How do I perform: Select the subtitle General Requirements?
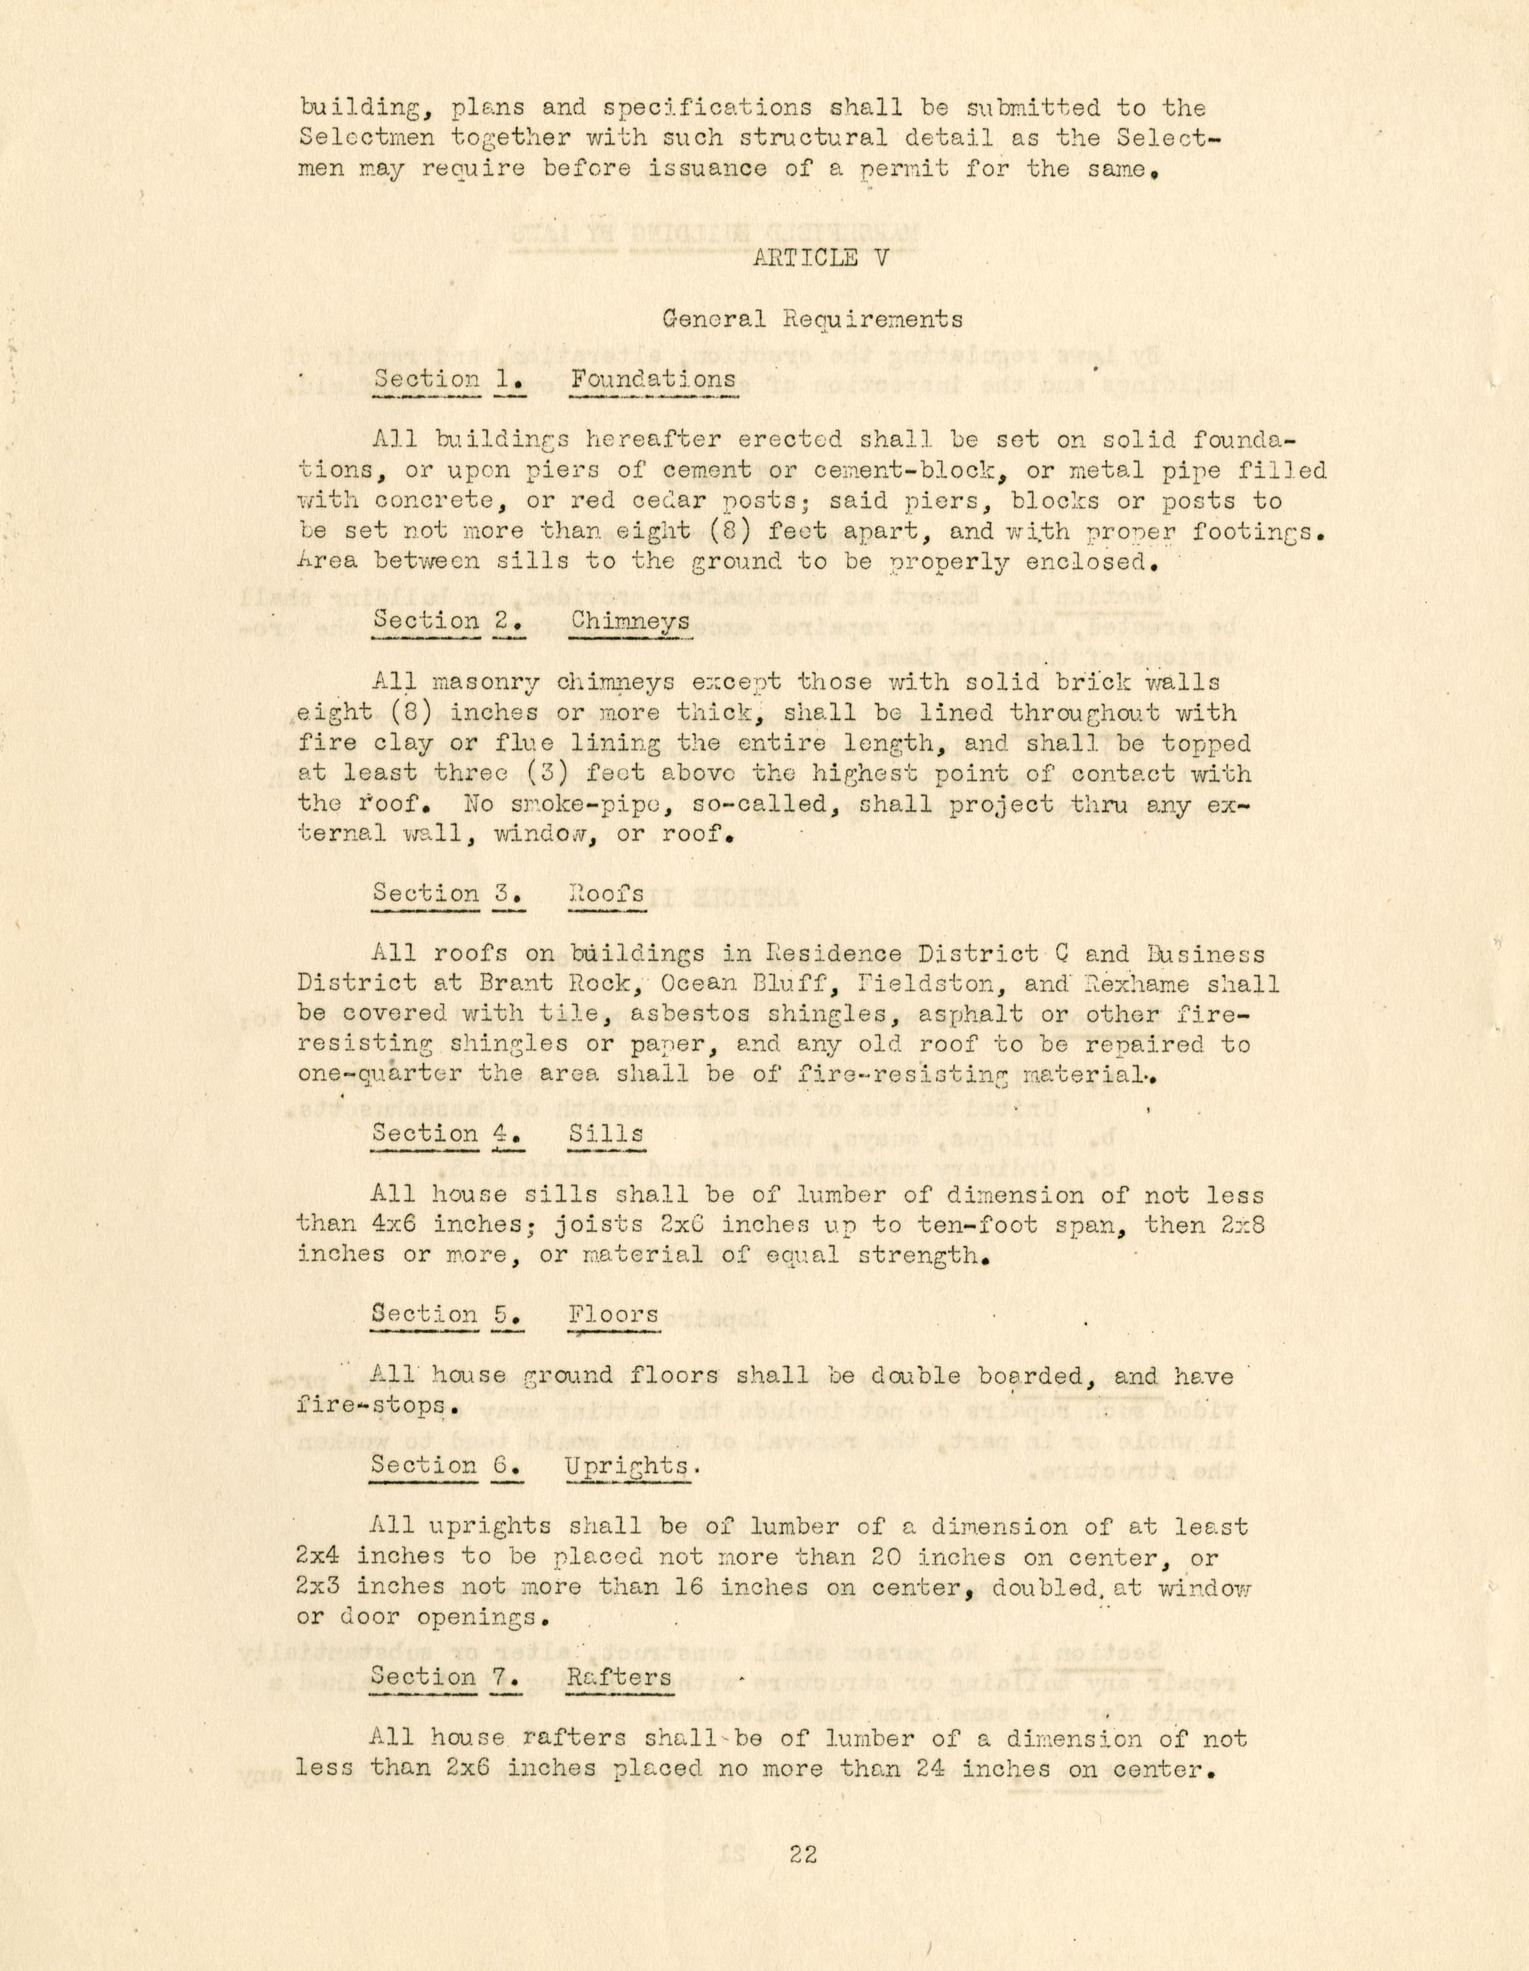pos(812,319)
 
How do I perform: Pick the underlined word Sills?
pos(606,1134)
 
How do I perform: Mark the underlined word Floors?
pos(613,1314)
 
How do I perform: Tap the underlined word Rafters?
pos(619,1678)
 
